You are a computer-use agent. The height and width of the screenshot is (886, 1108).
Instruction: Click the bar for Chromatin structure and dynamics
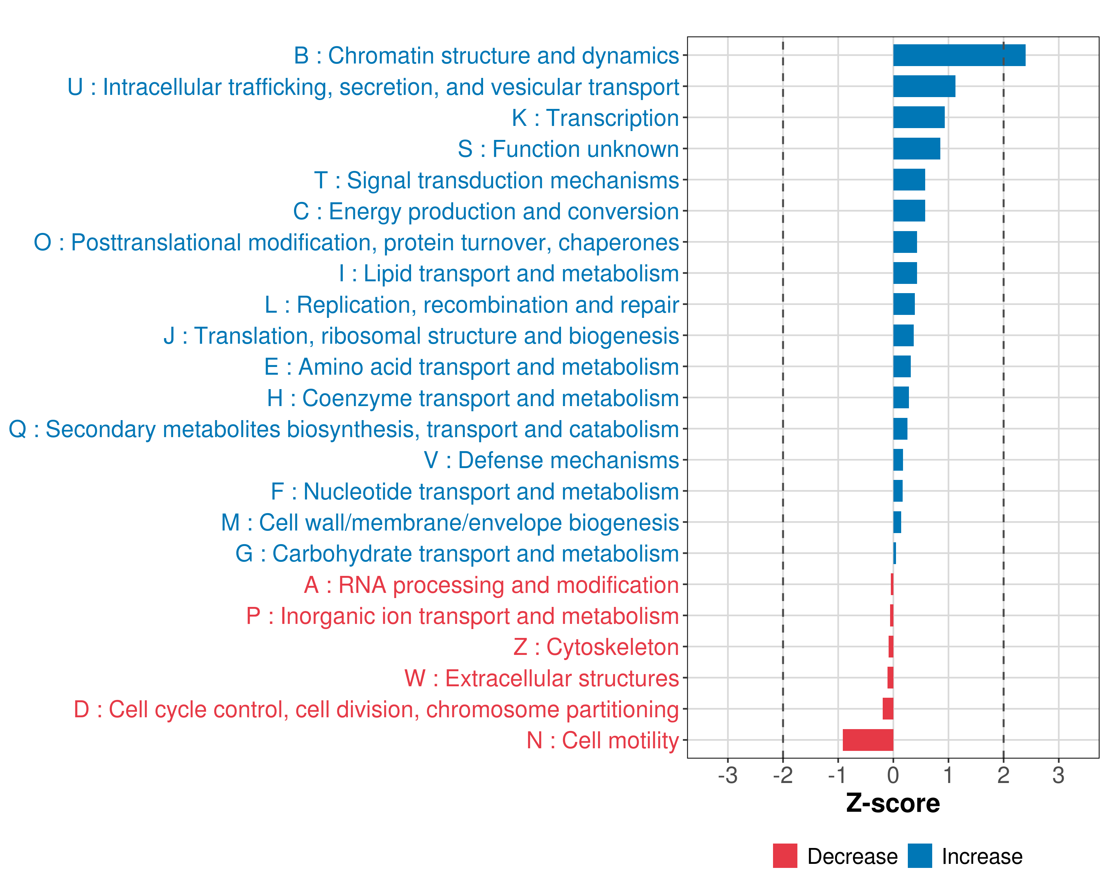pyautogui.click(x=959, y=55)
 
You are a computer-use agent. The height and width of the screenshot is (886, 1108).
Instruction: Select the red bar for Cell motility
pyautogui.click(x=868, y=740)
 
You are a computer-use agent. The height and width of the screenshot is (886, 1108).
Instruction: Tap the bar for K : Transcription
pyautogui.click(x=919, y=118)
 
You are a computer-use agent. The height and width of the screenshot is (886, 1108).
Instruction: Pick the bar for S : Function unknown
pyautogui.click(x=916, y=149)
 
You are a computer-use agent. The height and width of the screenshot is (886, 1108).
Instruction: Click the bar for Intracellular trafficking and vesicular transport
pyautogui.click(x=924, y=86)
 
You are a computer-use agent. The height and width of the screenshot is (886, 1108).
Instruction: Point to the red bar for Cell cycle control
pyautogui.click(x=888, y=709)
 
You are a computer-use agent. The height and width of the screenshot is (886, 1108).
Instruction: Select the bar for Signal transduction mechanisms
pyautogui.click(x=909, y=180)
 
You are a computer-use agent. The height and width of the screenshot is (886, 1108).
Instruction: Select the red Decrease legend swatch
pyautogui.click(x=785, y=856)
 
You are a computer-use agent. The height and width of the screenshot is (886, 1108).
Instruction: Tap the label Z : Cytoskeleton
pyautogui.click(x=596, y=647)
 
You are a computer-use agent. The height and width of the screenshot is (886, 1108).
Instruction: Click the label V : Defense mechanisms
pyautogui.click(x=551, y=460)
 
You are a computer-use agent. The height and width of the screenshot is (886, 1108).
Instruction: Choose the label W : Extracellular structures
pyautogui.click(x=542, y=679)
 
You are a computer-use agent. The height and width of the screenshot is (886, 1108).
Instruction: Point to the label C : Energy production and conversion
pyautogui.click(x=486, y=212)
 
